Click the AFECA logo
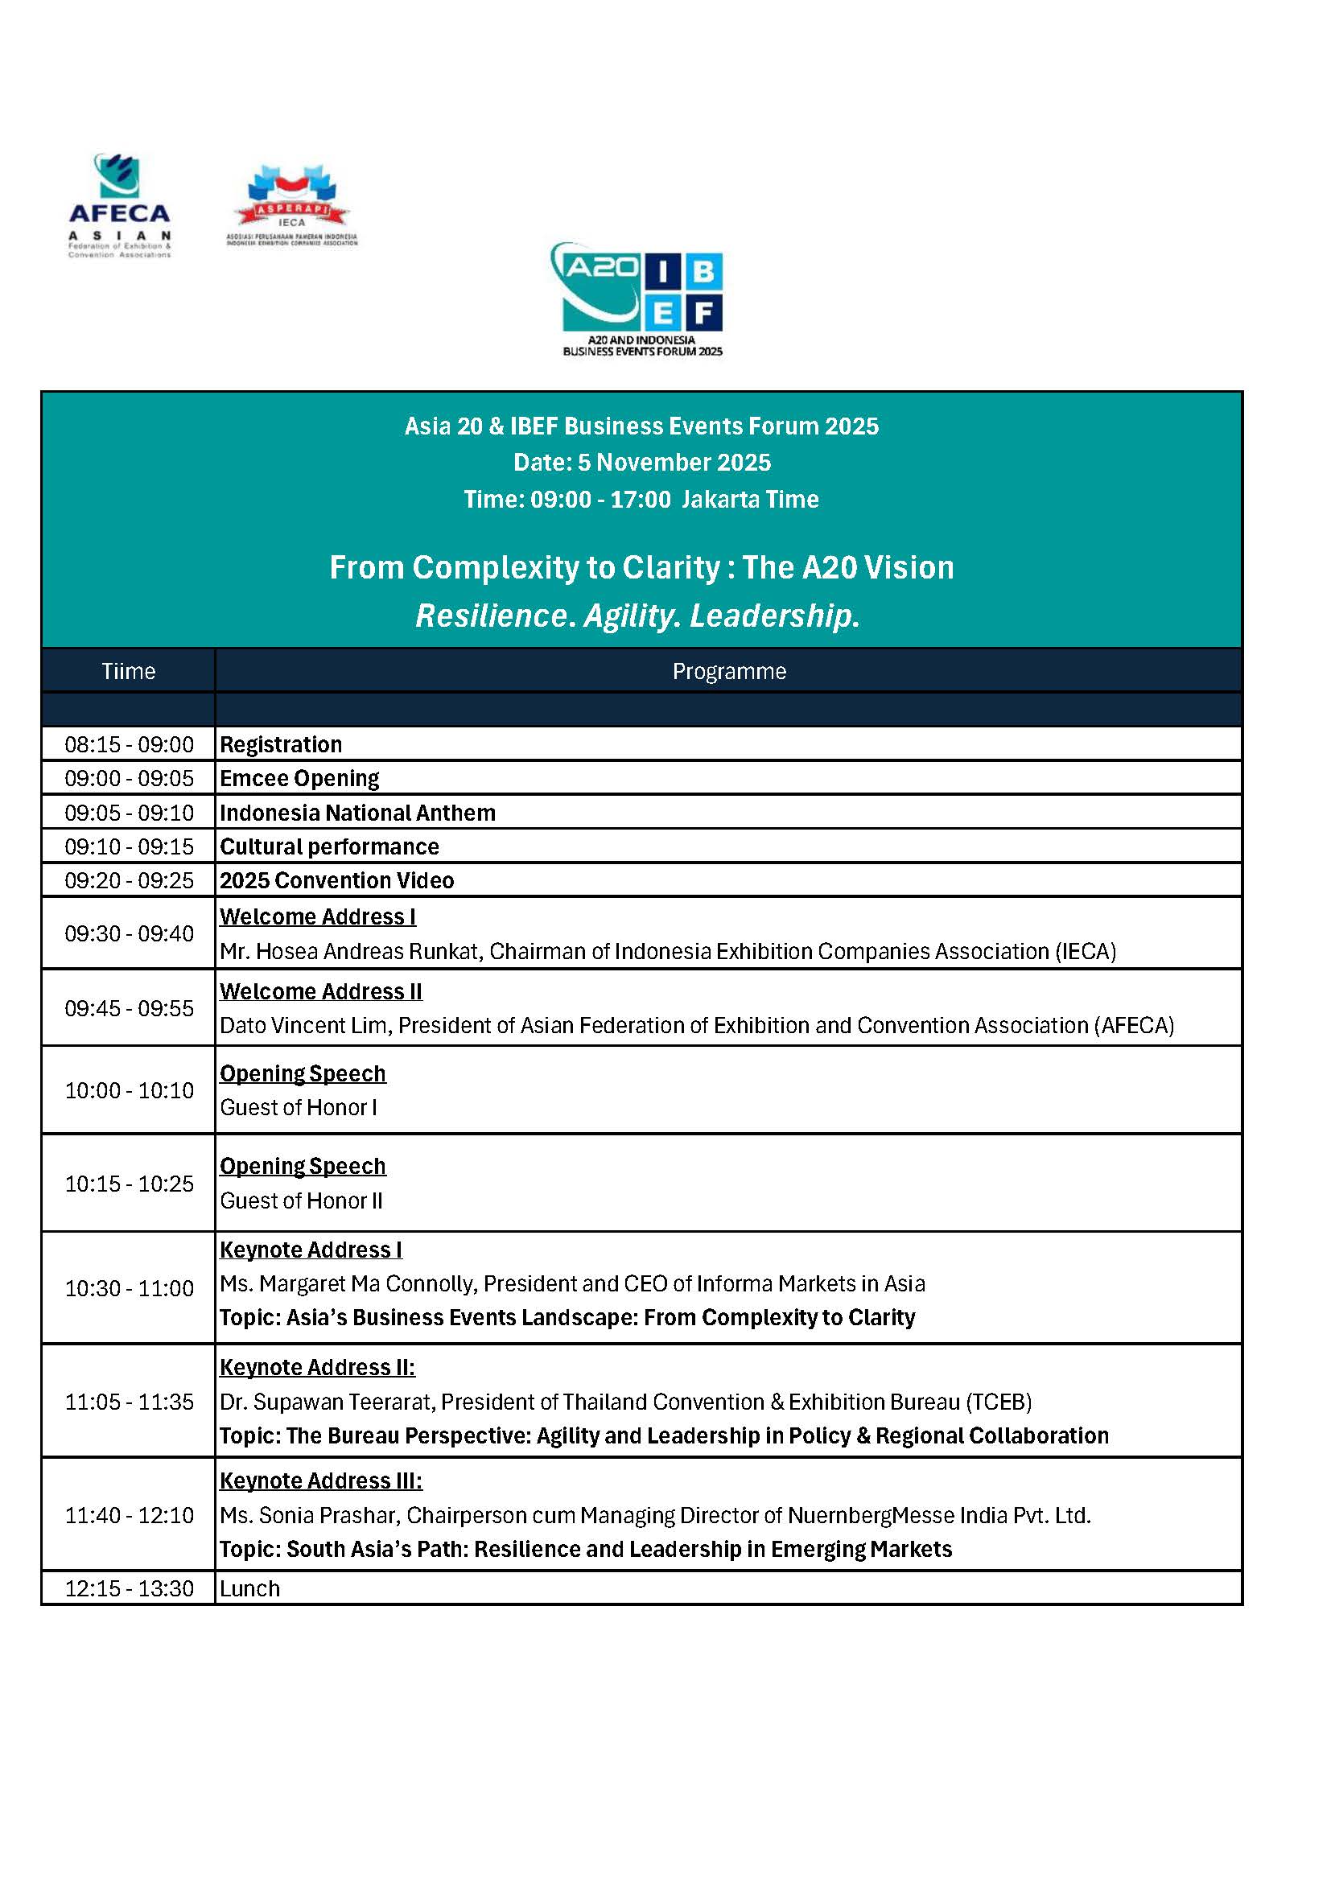(120, 205)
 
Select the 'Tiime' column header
(129, 671)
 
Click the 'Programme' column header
(728, 671)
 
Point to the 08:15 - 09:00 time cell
(129, 744)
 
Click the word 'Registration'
(281, 744)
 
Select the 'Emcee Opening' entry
(299, 778)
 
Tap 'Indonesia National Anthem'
(357, 813)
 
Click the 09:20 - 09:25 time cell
(129, 880)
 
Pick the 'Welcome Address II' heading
(320, 991)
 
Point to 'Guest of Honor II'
(301, 1200)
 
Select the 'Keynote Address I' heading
(311, 1250)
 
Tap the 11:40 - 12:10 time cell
(129, 1515)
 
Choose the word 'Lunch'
(250, 1588)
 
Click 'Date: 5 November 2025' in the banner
(641, 463)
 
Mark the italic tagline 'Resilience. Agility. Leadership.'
(637, 616)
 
